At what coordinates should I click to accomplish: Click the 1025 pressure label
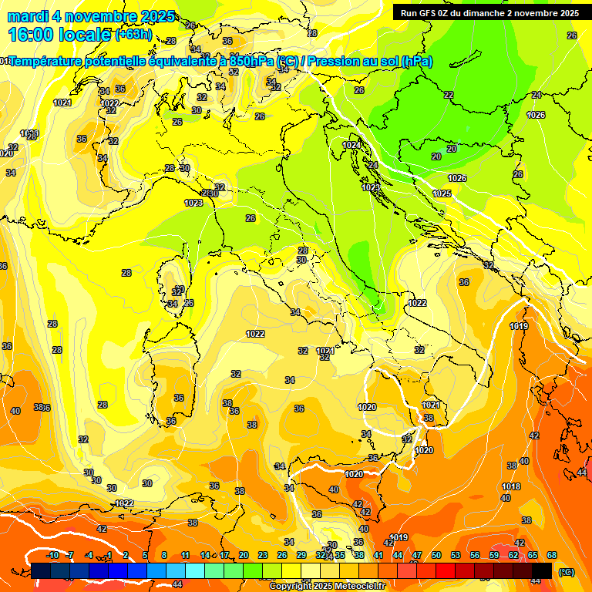[442, 193]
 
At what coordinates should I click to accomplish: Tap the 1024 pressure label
[351, 145]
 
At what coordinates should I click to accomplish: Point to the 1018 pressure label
[511, 486]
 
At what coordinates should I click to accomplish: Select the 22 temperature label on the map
[449, 95]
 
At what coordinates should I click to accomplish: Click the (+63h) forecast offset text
[133, 35]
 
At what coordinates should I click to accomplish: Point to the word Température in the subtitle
[49, 62]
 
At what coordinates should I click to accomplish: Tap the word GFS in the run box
[426, 13]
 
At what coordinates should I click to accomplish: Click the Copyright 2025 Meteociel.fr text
[327, 586]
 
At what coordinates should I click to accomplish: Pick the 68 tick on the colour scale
[552, 555]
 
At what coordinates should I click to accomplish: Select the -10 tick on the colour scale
[52, 555]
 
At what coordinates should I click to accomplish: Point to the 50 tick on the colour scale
[436, 555]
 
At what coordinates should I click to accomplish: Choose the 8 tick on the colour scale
[164, 555]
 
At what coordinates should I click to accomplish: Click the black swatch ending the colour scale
[542, 570]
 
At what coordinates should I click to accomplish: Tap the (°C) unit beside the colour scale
[567, 571]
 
